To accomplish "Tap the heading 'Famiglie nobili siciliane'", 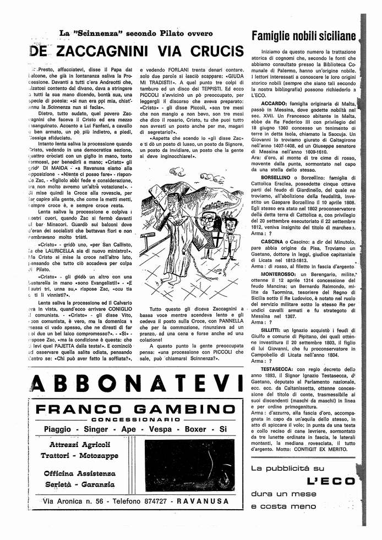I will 304,36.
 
